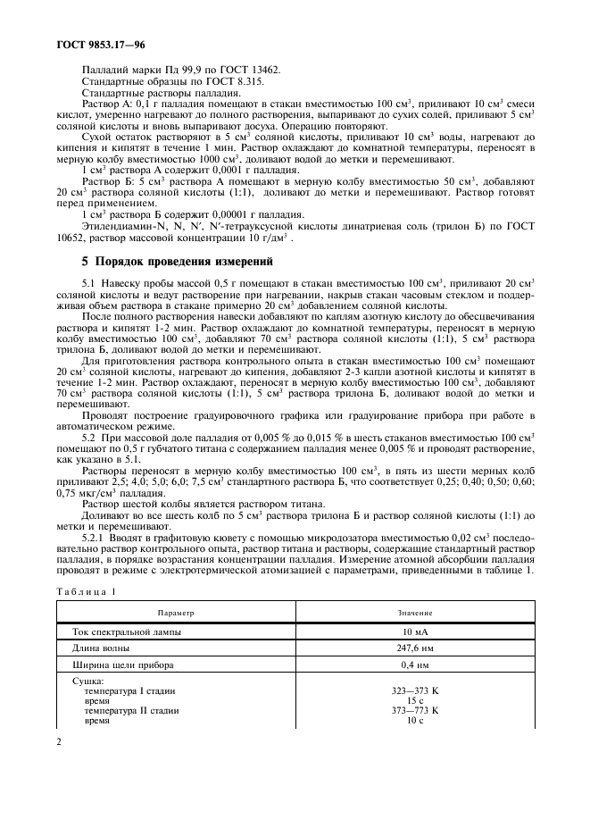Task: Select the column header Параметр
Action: (x=176, y=614)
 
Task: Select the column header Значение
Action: (x=414, y=614)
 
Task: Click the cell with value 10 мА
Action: (x=414, y=631)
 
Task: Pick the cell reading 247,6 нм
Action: (x=414, y=648)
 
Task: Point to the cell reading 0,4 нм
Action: (x=414, y=665)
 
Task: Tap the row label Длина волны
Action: (x=101, y=648)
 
